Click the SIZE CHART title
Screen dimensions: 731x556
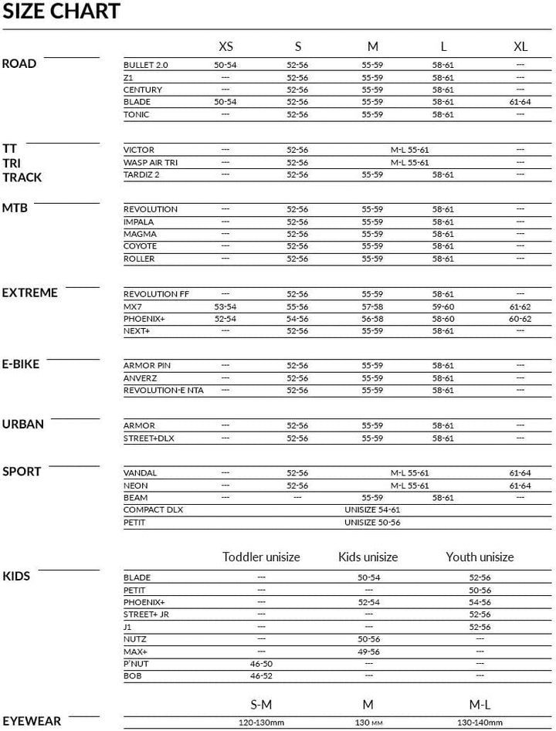point(60,12)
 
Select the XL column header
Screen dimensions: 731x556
point(520,47)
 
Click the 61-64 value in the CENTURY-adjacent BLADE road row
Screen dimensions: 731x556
point(520,102)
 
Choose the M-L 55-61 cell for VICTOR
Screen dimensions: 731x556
point(409,150)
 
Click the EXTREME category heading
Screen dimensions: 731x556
point(29,293)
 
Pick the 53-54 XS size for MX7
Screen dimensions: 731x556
point(225,306)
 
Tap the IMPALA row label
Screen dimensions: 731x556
point(140,222)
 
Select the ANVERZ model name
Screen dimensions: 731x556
point(140,378)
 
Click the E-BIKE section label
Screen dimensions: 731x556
point(21,364)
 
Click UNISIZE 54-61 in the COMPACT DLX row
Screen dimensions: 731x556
point(371,509)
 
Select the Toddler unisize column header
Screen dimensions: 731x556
point(261,557)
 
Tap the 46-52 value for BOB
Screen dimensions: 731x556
point(261,676)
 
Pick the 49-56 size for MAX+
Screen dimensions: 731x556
point(368,651)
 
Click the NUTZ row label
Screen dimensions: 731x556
point(134,639)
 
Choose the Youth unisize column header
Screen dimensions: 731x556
point(480,557)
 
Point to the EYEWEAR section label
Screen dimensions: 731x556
point(31,721)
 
